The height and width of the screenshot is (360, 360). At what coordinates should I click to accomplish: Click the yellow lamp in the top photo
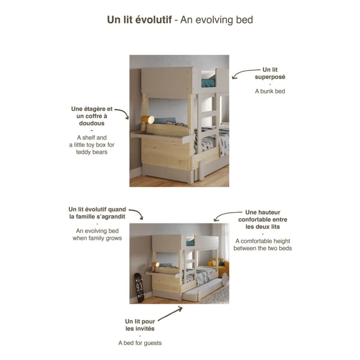click(148, 120)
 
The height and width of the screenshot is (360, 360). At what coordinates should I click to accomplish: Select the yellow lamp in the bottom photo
click(156, 265)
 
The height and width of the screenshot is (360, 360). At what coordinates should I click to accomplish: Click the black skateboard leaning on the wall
click(138, 287)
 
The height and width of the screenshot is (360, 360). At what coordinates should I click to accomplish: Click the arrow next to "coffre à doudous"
click(122, 113)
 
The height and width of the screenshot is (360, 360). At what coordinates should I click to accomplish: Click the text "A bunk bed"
click(270, 91)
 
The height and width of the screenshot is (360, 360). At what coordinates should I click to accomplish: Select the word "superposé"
click(270, 77)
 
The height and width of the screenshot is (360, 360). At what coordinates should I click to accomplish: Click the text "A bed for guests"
click(140, 343)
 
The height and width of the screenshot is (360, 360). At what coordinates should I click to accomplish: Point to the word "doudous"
click(91, 123)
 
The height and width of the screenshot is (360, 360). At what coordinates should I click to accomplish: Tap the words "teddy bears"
click(91, 151)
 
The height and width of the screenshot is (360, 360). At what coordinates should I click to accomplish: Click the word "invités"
click(140, 328)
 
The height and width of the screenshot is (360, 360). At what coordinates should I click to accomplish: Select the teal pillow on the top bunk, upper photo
click(208, 83)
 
